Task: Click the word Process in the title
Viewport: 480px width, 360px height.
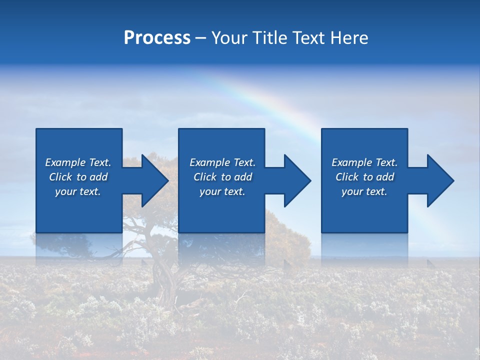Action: click(x=157, y=38)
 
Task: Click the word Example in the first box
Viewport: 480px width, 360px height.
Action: click(x=65, y=162)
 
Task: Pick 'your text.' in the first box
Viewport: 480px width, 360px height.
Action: click(x=78, y=191)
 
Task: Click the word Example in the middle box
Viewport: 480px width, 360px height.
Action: click(x=210, y=162)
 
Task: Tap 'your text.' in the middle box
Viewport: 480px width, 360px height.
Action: click(x=222, y=191)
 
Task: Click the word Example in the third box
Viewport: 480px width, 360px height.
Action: click(x=352, y=162)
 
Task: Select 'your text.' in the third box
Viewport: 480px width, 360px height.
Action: click(x=364, y=191)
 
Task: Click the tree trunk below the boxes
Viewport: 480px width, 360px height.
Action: click(x=165, y=280)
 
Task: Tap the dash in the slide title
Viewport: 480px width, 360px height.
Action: click(x=200, y=38)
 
